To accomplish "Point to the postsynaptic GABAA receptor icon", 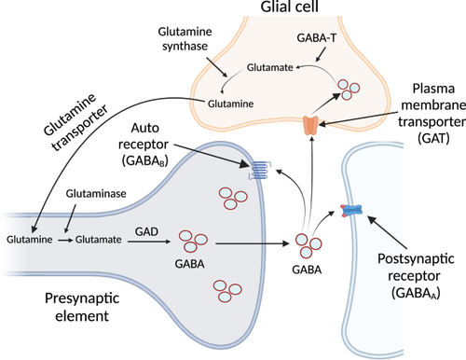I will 353,211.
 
